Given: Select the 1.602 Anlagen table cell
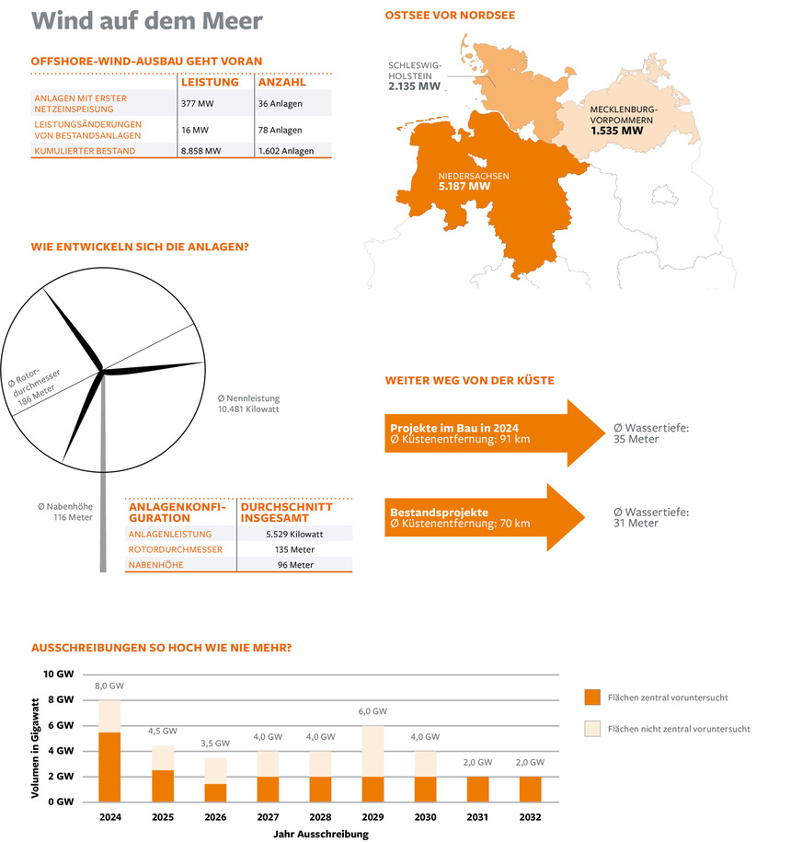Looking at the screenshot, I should tap(286, 151).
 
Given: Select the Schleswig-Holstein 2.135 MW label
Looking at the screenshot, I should tap(416, 77).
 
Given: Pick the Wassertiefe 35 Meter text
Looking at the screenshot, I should tap(650, 433).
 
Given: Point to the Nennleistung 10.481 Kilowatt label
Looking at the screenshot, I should tap(248, 403).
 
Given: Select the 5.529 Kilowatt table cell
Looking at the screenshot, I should tap(294, 534).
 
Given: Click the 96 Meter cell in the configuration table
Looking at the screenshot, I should tap(294, 565).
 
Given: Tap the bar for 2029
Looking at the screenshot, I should tap(372, 764).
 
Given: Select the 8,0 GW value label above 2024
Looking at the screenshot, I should tap(109, 686).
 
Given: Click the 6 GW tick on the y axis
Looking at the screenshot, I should tap(59, 725).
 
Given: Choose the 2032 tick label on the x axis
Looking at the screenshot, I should tap(530, 817).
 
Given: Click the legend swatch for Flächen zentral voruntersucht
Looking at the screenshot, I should tap(593, 697).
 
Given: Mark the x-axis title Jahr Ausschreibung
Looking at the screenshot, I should tap(321, 834).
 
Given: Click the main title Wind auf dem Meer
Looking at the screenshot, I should tap(146, 21).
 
